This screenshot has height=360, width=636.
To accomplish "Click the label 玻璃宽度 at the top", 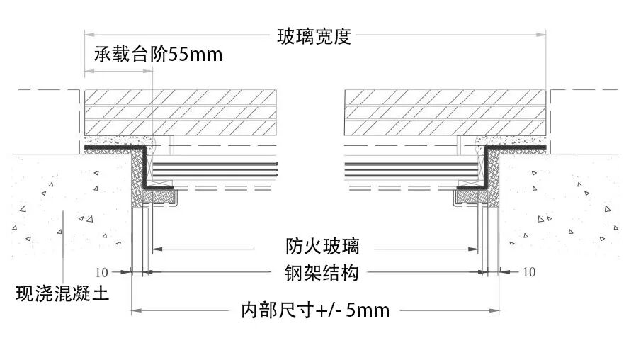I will pyautogui.click(x=314, y=36).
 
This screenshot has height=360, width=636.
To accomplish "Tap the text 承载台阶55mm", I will pyautogui.click(x=157, y=55).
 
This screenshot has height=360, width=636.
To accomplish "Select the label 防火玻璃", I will pyautogui.click(x=313, y=246).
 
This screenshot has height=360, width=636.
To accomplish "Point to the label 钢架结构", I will pyautogui.click(x=313, y=273).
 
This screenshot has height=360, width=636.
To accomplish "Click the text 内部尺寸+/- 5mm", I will pyautogui.click(x=315, y=310).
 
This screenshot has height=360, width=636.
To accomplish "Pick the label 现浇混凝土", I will pyautogui.click(x=62, y=292).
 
